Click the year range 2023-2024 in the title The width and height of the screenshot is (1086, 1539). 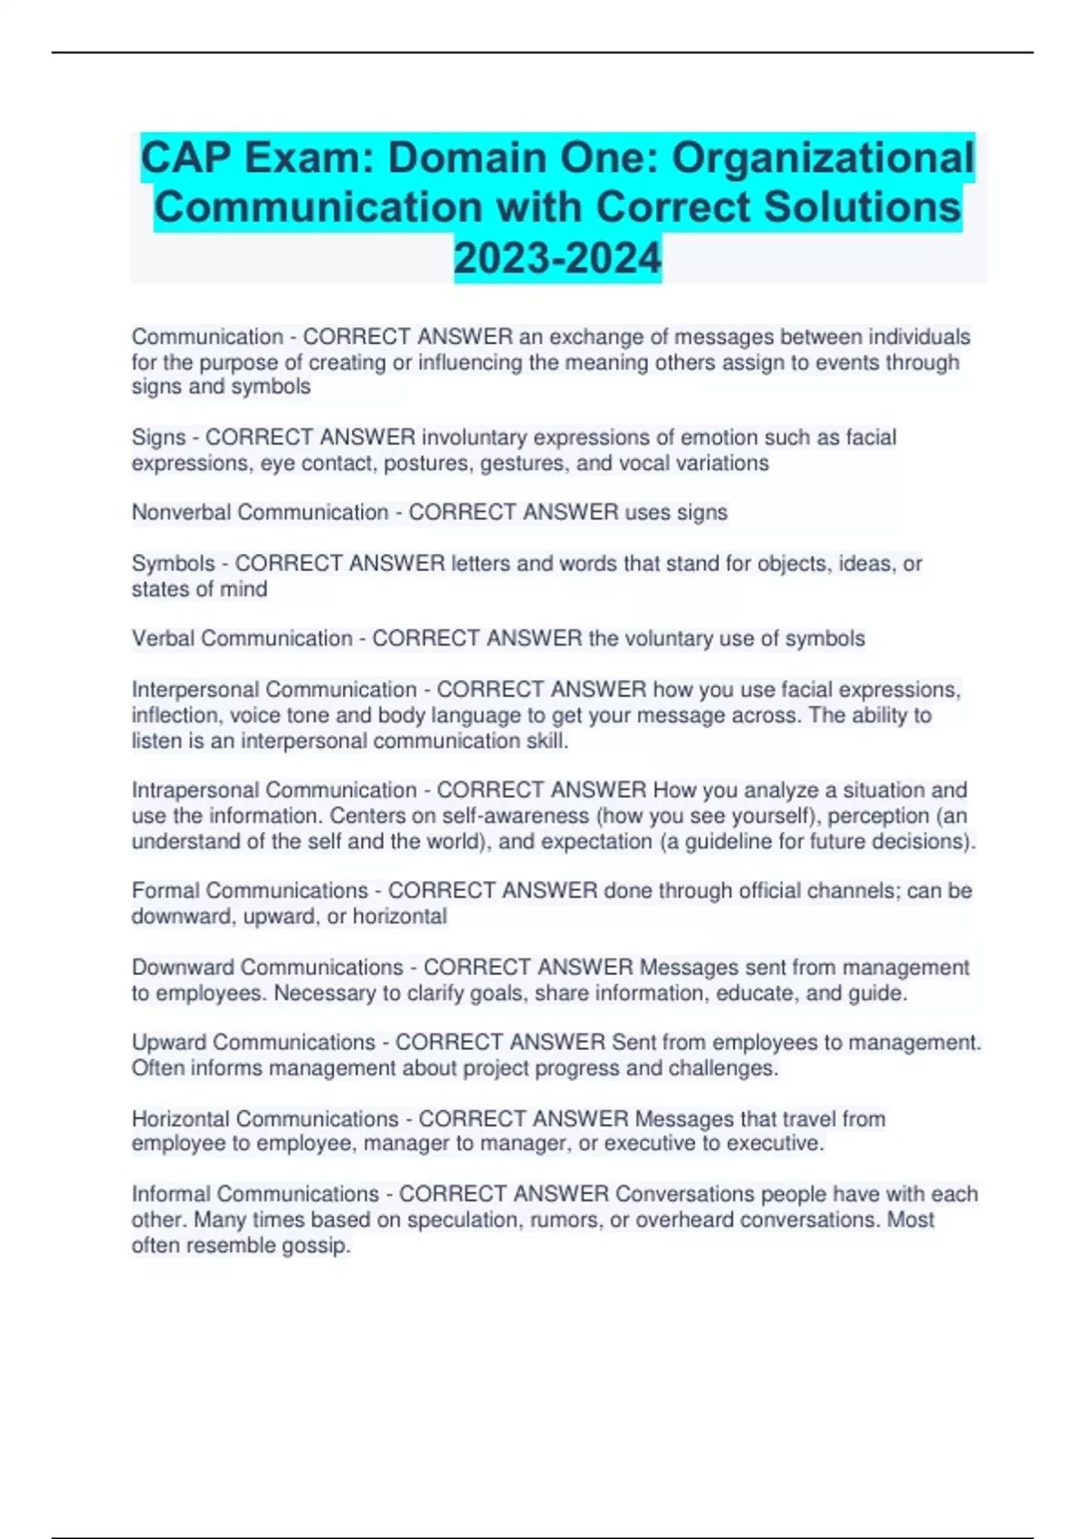(x=557, y=258)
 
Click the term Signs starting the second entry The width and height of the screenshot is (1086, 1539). (x=158, y=437)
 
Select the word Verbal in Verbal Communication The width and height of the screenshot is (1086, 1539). (x=163, y=638)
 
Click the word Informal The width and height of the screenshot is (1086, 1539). (x=170, y=1194)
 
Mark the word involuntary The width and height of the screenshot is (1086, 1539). (x=473, y=437)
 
